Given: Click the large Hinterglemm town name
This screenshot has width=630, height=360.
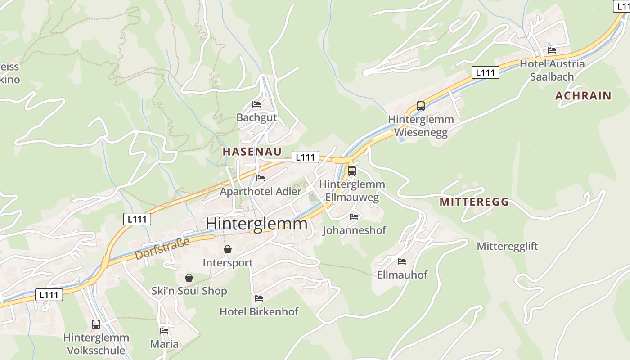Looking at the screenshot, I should coord(256,224).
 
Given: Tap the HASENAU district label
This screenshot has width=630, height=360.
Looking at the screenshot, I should coord(252,152).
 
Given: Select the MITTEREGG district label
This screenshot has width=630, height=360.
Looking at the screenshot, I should coord(474,202).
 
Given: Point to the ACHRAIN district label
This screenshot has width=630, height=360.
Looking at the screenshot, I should coord(583,95).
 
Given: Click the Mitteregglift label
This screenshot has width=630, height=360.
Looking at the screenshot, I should coord(507,246).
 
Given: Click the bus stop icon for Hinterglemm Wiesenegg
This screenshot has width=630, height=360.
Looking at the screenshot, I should coord(420,106).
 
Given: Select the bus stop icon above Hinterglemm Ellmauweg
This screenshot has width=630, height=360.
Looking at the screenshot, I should coord(351,171).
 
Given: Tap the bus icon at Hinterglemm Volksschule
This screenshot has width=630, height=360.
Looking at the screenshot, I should coord(96,324).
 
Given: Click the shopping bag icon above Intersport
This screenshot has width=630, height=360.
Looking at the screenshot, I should coord(228,249).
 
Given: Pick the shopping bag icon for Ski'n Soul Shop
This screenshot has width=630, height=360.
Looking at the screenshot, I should coord(189,278).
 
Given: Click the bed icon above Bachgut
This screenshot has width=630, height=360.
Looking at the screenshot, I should coord(256,104).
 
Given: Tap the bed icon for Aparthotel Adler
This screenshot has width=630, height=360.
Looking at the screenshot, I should coord(260,178).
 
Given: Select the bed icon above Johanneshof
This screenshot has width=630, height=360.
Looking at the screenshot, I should coord(354,217).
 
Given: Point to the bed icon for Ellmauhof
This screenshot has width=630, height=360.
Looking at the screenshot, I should coord(402,261).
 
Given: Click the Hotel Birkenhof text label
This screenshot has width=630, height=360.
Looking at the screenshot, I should coord(259,311).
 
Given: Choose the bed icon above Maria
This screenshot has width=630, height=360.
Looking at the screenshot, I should coord(164,330).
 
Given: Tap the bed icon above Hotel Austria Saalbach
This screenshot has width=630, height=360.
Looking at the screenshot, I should coord(552,50).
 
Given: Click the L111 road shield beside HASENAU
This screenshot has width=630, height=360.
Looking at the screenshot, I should coord(306,157).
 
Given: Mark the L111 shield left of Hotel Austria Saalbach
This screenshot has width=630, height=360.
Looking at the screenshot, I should coord(486,72).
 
